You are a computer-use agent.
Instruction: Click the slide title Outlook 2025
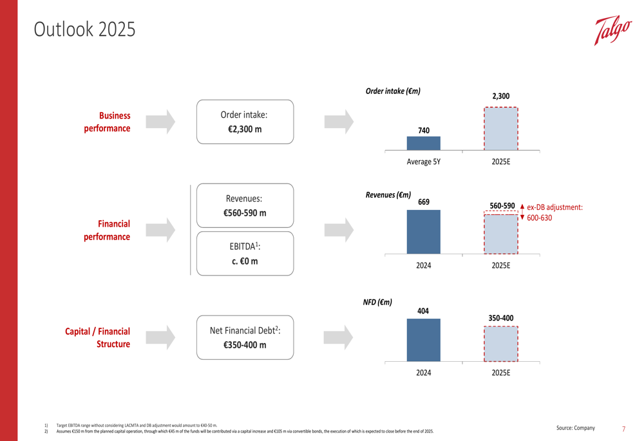point(85,30)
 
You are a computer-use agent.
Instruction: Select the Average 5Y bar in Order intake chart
point(423,143)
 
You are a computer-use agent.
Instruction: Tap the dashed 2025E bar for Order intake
point(500,129)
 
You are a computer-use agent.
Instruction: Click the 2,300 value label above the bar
point(500,97)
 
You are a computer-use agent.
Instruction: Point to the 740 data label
point(423,131)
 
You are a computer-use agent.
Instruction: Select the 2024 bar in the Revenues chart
point(423,231)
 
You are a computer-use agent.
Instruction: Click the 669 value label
point(423,202)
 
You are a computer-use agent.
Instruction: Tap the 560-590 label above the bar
point(502,206)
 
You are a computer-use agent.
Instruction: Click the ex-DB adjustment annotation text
point(554,212)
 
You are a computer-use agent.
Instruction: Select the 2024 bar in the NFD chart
point(423,339)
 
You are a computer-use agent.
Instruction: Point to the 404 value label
point(423,312)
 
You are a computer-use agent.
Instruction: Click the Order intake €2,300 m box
point(244,122)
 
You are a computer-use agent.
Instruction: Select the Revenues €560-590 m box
point(244,205)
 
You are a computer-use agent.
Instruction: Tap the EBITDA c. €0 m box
point(244,254)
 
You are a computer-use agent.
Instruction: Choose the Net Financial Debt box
point(244,337)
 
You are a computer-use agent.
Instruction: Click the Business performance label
point(107,122)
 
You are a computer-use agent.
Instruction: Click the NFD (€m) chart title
point(377,301)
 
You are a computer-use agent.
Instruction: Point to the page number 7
point(623,428)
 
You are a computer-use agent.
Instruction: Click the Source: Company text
point(576,428)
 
